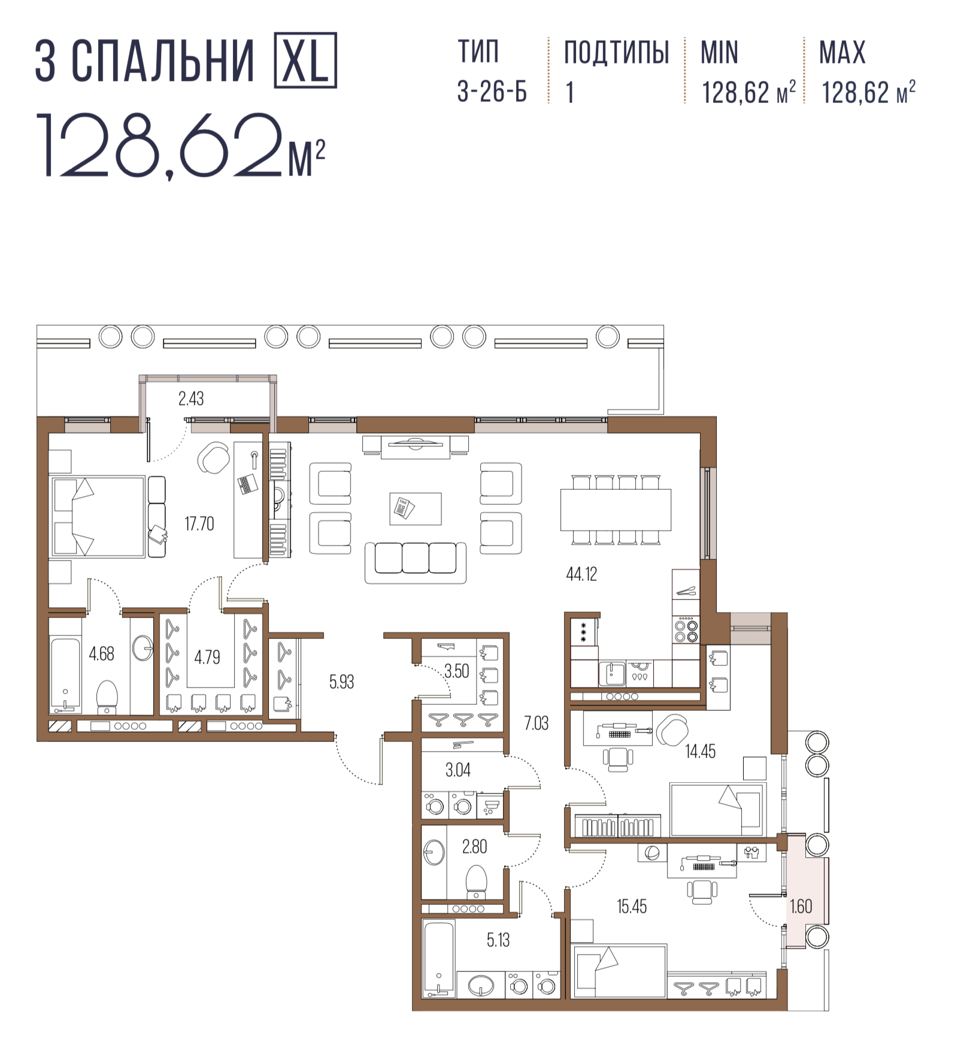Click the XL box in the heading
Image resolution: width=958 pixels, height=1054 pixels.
305,60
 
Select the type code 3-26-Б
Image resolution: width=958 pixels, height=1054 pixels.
492,92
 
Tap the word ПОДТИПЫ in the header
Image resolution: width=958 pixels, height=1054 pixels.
616,52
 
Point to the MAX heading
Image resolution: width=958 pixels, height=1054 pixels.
842,52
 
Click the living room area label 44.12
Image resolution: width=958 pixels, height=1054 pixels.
581,574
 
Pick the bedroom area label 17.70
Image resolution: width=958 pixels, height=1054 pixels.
199,524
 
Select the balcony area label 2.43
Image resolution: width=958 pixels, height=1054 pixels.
191,398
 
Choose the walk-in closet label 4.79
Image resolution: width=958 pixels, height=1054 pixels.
207,657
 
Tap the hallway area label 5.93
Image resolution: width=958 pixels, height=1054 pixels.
341,682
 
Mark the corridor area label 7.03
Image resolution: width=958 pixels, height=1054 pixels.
536,723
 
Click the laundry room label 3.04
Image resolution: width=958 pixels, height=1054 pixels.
458,770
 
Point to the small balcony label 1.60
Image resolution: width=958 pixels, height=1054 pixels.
801,906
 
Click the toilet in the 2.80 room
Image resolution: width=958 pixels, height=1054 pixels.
476,882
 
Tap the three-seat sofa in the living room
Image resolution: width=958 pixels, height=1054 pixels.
416,562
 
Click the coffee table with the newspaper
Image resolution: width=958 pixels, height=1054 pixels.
416,509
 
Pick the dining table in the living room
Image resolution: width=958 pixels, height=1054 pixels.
616,510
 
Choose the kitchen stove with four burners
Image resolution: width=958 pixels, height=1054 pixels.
686,630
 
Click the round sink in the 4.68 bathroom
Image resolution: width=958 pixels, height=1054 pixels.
143,648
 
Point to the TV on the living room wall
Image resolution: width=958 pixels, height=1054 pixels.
415,444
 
